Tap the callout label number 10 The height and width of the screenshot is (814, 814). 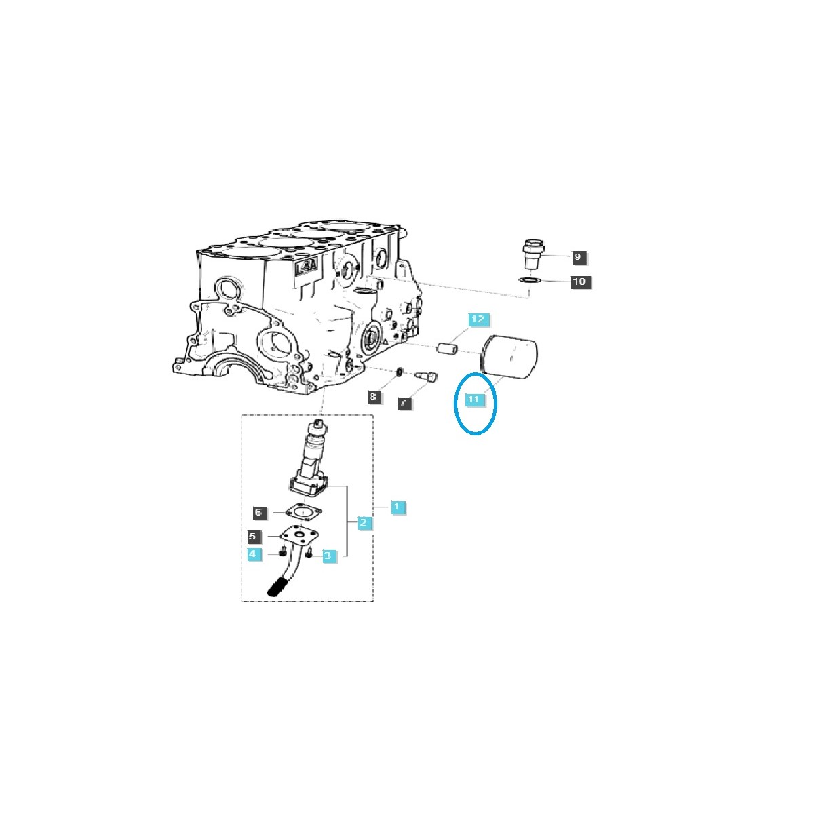coord(581,282)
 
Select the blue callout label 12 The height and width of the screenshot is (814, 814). coord(478,319)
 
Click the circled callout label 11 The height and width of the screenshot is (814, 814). coord(473,400)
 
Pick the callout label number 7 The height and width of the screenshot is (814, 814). coord(403,403)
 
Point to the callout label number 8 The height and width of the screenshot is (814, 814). coord(373,396)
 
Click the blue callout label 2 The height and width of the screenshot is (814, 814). coord(364,522)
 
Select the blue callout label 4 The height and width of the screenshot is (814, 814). coord(252,554)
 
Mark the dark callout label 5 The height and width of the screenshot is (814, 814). coord(252,537)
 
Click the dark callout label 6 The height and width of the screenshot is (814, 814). coord(258,512)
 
